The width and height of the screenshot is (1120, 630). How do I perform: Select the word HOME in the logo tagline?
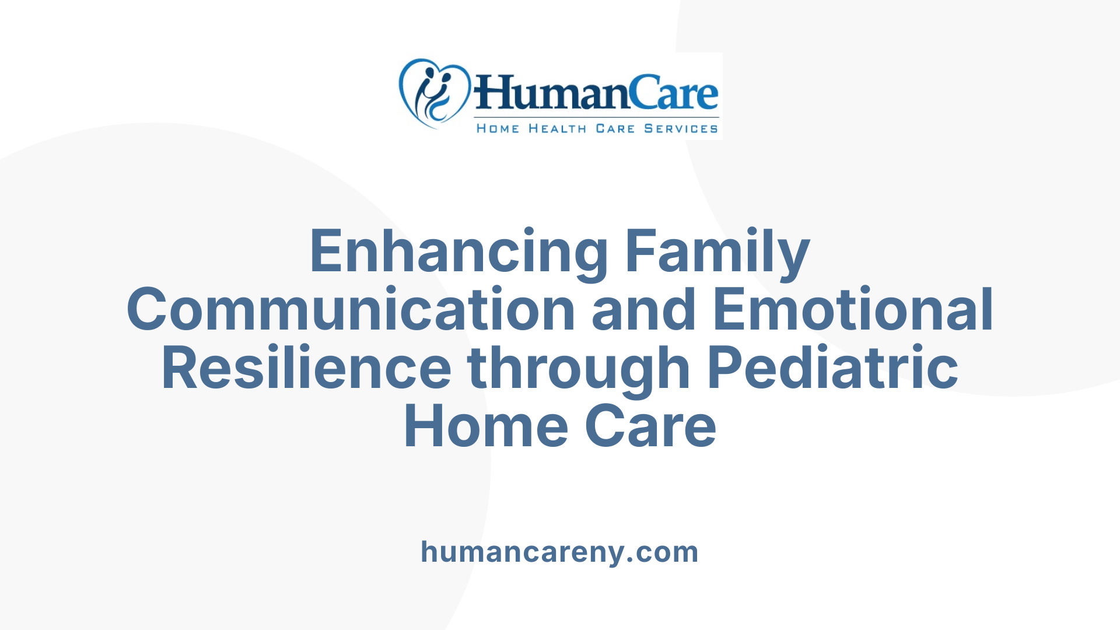click(498, 128)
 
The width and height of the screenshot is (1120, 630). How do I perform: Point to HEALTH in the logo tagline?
click(557, 128)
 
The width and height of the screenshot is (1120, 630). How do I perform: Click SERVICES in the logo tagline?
click(681, 128)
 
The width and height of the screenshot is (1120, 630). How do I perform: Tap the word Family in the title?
click(717, 251)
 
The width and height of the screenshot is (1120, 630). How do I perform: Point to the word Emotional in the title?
click(853, 310)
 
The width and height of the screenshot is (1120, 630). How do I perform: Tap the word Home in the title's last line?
click(486, 427)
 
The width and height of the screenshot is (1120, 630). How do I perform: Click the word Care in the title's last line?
click(650, 427)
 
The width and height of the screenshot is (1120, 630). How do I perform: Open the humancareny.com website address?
click(559, 552)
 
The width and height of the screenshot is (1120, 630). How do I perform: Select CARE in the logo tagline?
click(615, 128)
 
